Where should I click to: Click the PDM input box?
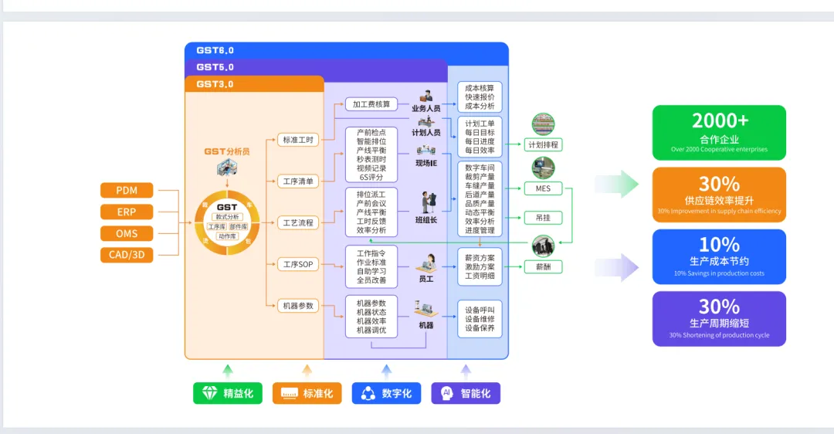[127, 191]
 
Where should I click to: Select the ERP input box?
[127, 212]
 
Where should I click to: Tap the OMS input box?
[127, 233]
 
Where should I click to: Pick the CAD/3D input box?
[127, 255]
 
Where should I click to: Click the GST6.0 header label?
[215, 50]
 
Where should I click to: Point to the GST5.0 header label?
[215, 67]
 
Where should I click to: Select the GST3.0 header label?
[215, 84]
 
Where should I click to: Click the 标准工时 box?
[298, 140]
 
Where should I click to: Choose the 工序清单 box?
[298, 181]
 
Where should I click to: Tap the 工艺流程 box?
[298, 223]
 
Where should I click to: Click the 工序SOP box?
[298, 265]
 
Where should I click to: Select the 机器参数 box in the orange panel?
[298, 306]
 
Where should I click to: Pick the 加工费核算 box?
[371, 104]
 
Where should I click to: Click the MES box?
[543, 188]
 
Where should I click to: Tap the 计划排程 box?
[543, 144]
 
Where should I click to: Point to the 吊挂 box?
[543, 218]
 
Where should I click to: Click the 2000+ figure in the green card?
[719, 121]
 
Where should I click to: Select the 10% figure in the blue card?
[719, 245]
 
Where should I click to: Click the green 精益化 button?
[228, 393]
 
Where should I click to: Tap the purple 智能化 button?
[466, 393]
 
